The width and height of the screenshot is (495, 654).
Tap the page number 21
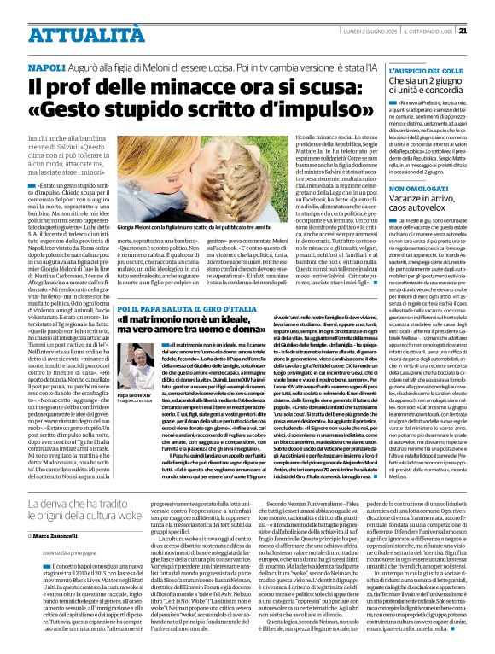486,8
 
